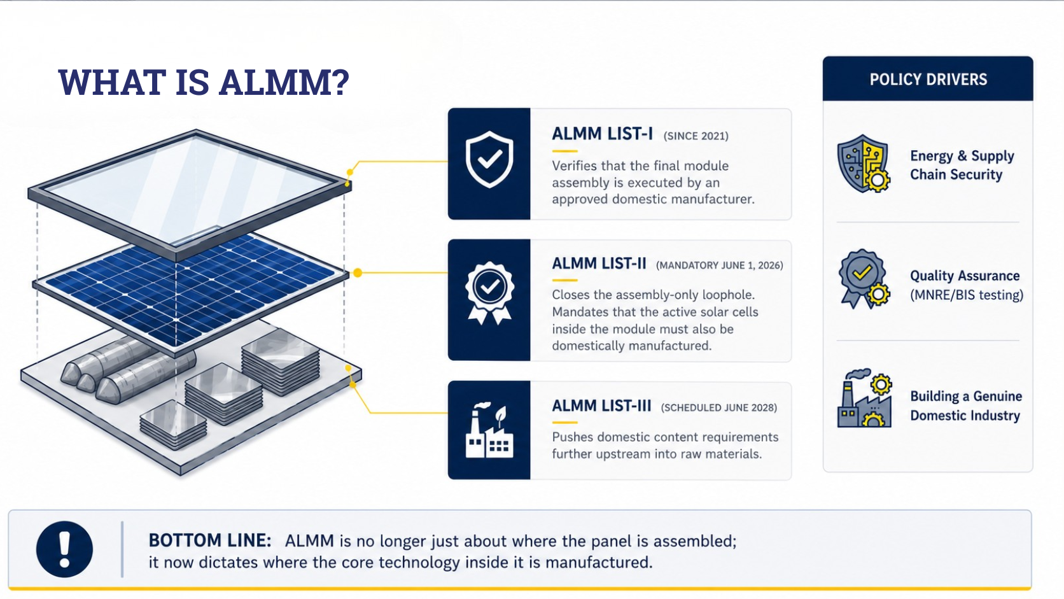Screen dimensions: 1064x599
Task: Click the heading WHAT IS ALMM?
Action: (204, 82)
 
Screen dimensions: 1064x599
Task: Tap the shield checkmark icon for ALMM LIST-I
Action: (489, 160)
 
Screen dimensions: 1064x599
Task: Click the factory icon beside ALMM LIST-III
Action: (489, 430)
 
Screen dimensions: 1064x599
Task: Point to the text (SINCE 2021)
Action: (696, 136)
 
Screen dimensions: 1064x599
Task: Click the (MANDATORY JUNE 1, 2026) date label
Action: (719, 265)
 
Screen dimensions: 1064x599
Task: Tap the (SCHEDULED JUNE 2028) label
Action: (718, 407)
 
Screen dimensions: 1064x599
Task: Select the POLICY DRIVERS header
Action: (928, 80)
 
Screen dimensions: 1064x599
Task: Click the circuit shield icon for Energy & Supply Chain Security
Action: (864, 164)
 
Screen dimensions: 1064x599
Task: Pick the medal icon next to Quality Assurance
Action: (864, 279)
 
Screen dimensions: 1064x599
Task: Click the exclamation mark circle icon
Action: (65, 549)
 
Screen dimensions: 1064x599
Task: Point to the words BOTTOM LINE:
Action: (210, 540)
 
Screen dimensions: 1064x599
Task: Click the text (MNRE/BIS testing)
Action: (967, 295)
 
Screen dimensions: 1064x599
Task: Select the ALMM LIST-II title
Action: (599, 264)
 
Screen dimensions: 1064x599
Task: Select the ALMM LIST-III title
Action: (601, 405)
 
